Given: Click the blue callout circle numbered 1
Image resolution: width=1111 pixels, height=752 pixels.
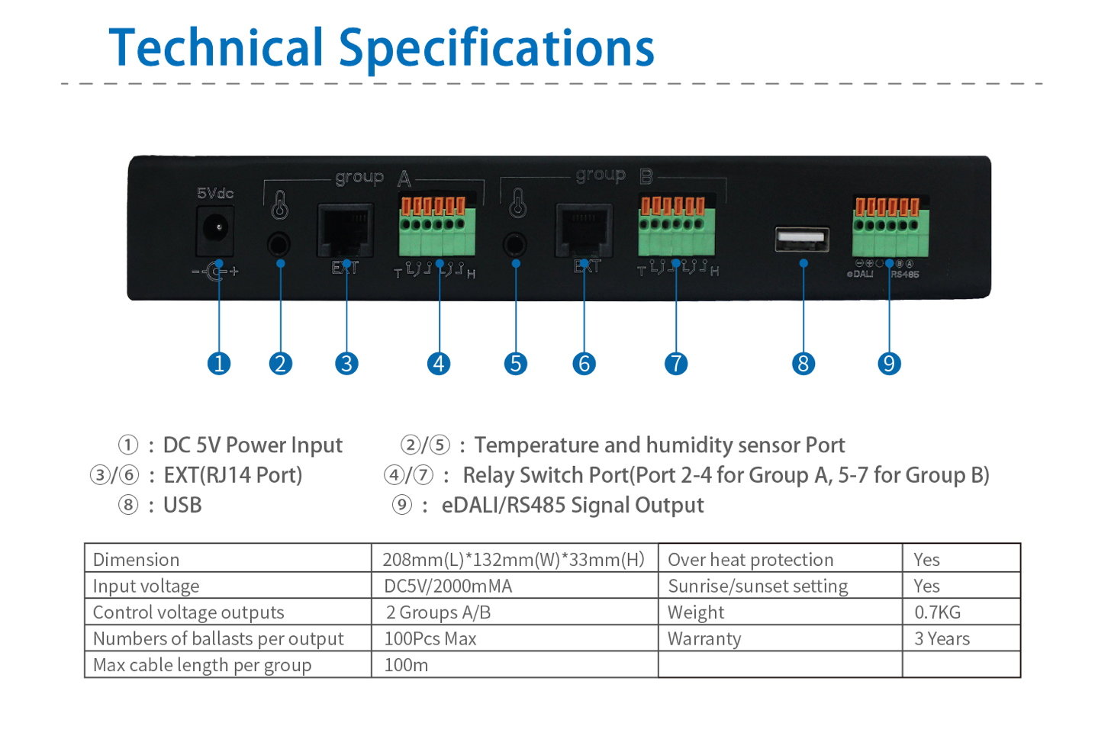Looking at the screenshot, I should click(x=219, y=364).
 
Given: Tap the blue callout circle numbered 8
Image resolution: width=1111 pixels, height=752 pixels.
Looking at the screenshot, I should click(x=803, y=364).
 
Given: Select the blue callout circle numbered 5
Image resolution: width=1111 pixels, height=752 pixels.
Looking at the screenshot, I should click(x=516, y=364).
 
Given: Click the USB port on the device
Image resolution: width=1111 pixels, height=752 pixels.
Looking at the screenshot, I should click(x=802, y=239).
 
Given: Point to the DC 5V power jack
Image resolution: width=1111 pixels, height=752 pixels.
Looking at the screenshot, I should click(x=216, y=228).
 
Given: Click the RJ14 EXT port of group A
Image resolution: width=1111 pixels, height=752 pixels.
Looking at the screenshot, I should click(x=346, y=230).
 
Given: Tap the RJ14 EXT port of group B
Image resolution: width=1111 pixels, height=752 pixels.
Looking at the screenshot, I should click(x=584, y=230).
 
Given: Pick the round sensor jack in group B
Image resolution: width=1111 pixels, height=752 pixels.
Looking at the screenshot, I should click(x=515, y=245).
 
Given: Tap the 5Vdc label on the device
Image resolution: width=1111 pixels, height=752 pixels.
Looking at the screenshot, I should click(x=215, y=193).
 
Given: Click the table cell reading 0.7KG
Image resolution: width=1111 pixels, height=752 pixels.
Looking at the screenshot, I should click(x=937, y=612).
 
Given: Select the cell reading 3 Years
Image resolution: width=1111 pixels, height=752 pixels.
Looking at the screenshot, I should click(x=942, y=639).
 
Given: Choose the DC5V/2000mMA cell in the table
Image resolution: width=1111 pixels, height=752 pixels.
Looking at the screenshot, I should click(x=448, y=586).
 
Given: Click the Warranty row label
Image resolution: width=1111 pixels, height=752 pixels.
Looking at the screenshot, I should click(x=704, y=639).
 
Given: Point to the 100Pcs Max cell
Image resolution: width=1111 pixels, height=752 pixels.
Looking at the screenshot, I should click(x=430, y=639).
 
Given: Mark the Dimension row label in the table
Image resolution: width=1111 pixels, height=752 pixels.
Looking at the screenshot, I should click(x=136, y=560).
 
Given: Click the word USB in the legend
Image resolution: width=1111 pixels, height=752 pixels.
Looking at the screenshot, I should click(x=182, y=505).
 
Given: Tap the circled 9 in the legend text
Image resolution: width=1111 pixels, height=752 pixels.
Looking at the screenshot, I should click(x=402, y=504).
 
